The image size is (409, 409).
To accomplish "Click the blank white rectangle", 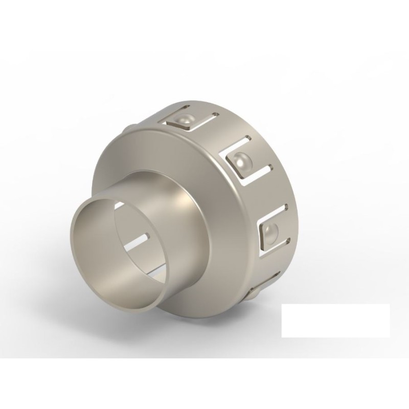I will pyautogui.click(x=335, y=321).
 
